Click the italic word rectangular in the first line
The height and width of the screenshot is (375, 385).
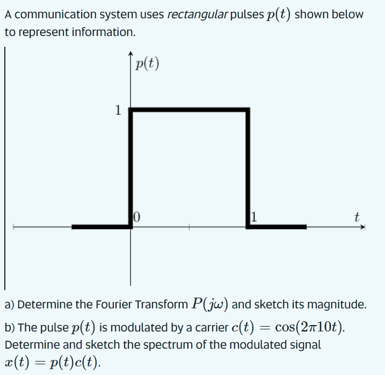(x=197, y=15)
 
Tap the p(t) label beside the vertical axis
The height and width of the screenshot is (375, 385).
(x=147, y=64)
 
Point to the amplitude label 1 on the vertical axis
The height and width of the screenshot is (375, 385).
(x=118, y=111)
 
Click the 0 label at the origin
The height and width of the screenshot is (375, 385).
(x=137, y=218)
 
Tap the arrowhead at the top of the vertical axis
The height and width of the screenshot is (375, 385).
(x=130, y=54)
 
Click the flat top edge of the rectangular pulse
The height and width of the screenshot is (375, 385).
(x=189, y=111)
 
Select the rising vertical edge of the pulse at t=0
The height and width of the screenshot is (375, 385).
(x=130, y=167)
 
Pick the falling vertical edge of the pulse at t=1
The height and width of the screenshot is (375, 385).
(x=248, y=167)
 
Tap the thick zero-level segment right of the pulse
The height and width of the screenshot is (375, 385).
(x=277, y=227)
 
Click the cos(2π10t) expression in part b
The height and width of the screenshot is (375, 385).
(x=307, y=327)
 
